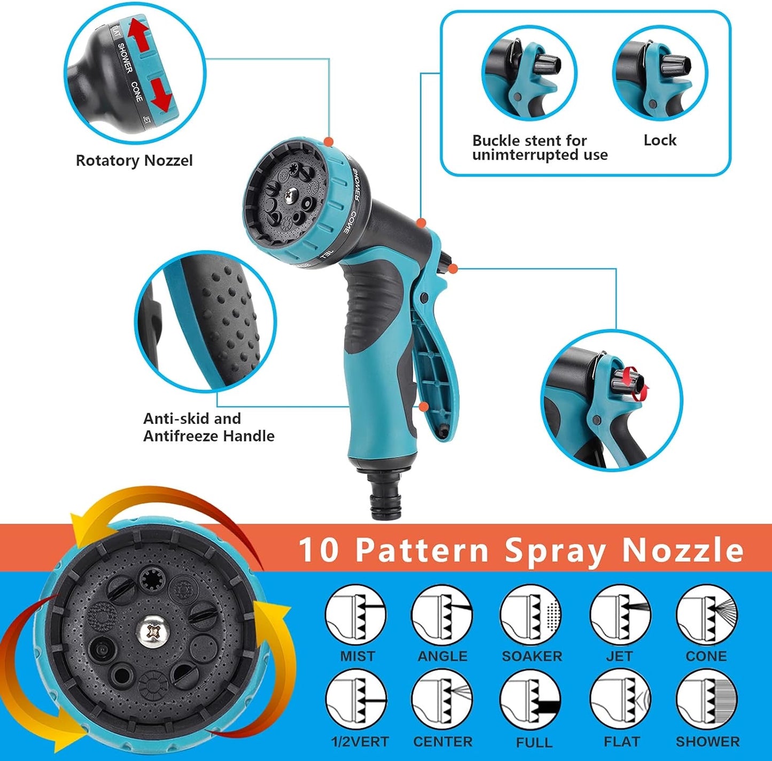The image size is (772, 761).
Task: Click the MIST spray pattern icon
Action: point(356,615)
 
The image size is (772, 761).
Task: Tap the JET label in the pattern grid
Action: point(619,656)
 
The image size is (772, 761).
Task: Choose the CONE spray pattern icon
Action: point(707,615)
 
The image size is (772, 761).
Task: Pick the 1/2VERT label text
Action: point(360,742)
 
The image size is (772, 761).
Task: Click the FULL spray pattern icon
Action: point(531,700)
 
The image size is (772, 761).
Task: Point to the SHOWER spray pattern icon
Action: point(707,700)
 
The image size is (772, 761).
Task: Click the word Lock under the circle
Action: point(660,140)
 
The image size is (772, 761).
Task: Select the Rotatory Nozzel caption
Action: point(134,161)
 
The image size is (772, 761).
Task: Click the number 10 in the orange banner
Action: point(318,550)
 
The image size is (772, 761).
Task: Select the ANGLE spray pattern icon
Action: point(442,615)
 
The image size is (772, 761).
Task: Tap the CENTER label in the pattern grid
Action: point(443,742)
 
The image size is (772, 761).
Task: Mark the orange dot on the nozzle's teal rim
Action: point(329,142)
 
